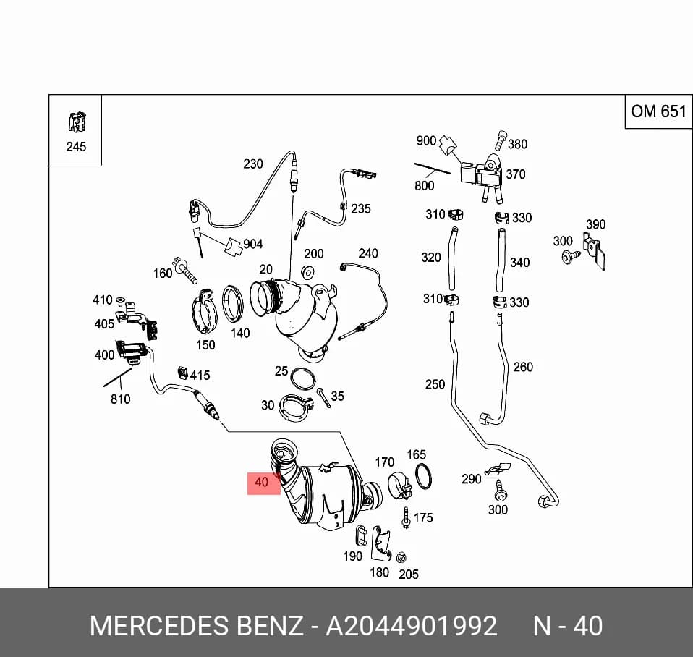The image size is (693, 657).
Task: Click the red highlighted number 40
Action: tap(262, 482)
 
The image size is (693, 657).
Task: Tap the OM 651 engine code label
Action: tap(658, 111)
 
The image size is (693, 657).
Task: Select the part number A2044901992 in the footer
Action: tap(412, 626)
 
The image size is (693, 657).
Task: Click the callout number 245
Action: tap(76, 147)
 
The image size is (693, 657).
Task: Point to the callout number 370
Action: tap(516, 174)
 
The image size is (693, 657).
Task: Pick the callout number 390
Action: tap(596, 224)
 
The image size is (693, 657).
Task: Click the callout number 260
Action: tap(523, 367)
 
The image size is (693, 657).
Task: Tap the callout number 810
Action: tap(120, 399)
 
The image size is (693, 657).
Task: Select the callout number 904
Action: tap(252, 244)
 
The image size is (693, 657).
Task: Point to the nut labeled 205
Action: tap(401, 558)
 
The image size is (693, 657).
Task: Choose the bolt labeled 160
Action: tap(184, 270)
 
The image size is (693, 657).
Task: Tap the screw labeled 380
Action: tap(501, 140)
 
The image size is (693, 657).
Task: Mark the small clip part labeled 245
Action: tap(77, 122)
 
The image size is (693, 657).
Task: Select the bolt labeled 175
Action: tap(406, 518)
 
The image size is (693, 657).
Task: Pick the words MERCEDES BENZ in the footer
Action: tap(197, 626)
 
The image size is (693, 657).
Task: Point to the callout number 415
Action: tap(200, 376)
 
